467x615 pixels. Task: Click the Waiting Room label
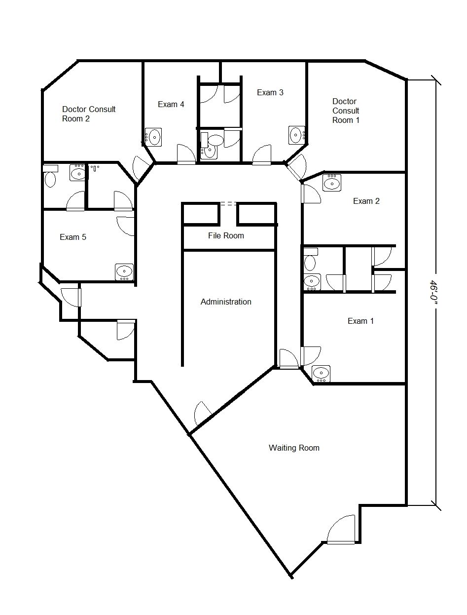[x=294, y=448]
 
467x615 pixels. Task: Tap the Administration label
[x=226, y=302]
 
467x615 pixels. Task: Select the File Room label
[x=226, y=235]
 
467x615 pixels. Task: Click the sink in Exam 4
[x=153, y=137]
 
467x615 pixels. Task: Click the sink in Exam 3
[x=296, y=135]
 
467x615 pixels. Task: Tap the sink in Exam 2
[x=332, y=183]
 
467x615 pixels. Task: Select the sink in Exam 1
[x=321, y=374]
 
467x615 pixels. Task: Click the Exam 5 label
[x=73, y=237]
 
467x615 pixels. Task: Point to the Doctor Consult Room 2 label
[x=89, y=114]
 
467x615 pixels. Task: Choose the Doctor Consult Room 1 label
[x=346, y=111]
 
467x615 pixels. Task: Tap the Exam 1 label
[x=360, y=321]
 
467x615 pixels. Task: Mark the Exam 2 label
[x=366, y=201]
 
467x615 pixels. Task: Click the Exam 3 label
[x=270, y=92]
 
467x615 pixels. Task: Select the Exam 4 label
[x=171, y=104]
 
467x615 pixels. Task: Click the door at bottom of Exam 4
[x=186, y=154]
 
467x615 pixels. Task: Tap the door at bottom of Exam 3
[x=262, y=154]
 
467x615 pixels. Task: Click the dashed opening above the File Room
[x=228, y=204]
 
